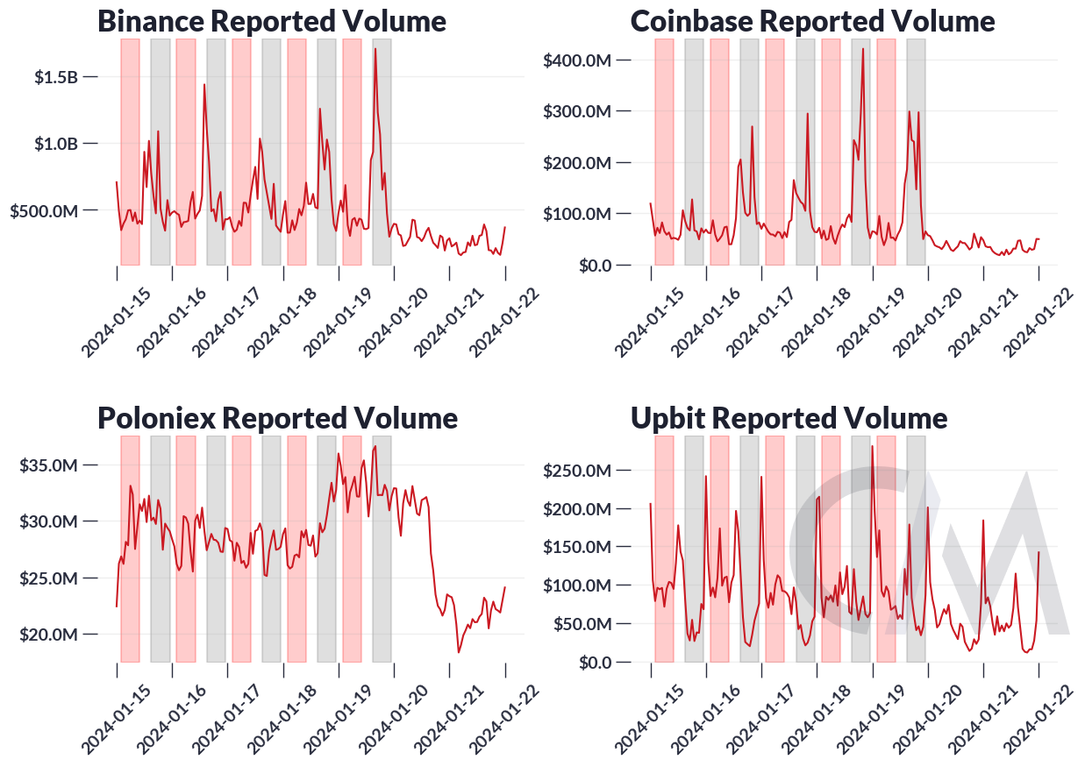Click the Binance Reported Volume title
271,20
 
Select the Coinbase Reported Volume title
812,20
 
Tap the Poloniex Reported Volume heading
277,417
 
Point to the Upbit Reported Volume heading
789,417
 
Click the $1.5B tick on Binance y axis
56,77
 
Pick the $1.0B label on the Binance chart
56,144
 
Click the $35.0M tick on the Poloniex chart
48,465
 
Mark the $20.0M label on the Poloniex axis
48,635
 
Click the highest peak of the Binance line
375,49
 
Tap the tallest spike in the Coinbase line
863,49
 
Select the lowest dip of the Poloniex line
458,652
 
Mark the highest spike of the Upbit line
872,446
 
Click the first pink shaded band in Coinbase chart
664,152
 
